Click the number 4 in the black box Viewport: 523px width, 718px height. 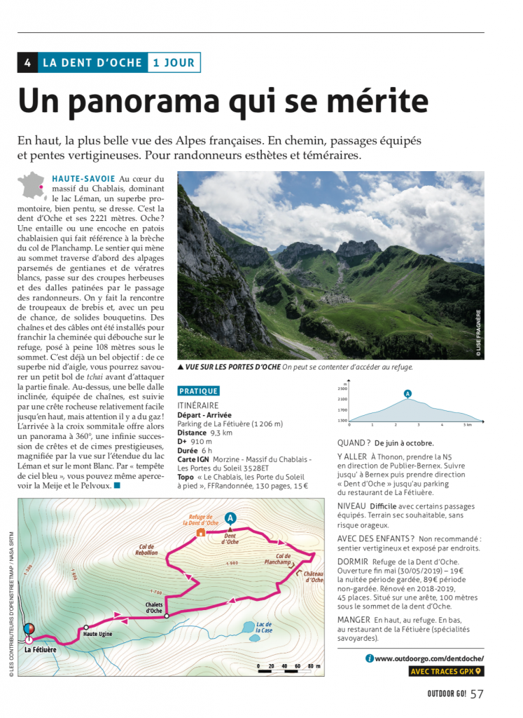click(x=27, y=62)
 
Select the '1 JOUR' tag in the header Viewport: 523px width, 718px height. click(x=174, y=62)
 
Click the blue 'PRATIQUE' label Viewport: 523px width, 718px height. click(x=199, y=391)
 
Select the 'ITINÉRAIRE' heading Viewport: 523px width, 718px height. click(x=198, y=405)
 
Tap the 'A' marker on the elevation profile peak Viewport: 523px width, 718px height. click(x=407, y=393)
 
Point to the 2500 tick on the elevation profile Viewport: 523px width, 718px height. click(x=342, y=388)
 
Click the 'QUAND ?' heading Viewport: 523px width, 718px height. click(x=354, y=442)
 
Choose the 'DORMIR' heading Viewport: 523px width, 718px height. click(x=354, y=562)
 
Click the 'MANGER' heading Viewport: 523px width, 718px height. click(x=354, y=621)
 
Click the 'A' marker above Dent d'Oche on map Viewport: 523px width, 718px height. click(x=230, y=518)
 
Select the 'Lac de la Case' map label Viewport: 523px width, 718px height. click(x=264, y=628)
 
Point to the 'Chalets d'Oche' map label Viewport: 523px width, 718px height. click(x=154, y=607)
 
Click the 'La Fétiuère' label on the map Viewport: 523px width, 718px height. click(x=40, y=650)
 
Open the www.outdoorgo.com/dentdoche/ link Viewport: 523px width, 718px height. click(x=428, y=658)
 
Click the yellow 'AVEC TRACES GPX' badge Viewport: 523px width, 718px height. click(x=446, y=672)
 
